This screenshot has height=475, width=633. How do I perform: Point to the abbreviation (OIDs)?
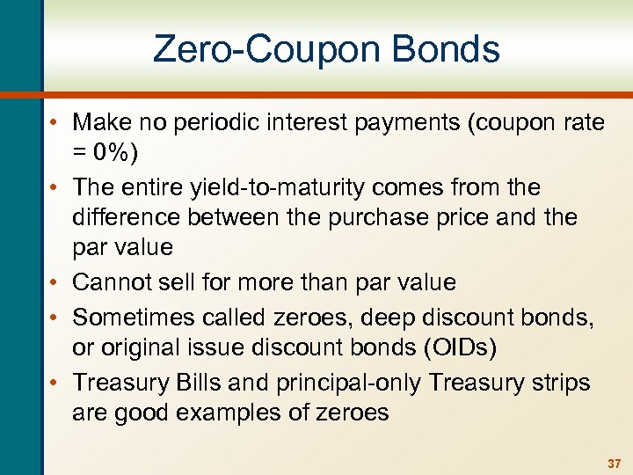point(461,347)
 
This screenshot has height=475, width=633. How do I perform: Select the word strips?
point(559,384)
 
